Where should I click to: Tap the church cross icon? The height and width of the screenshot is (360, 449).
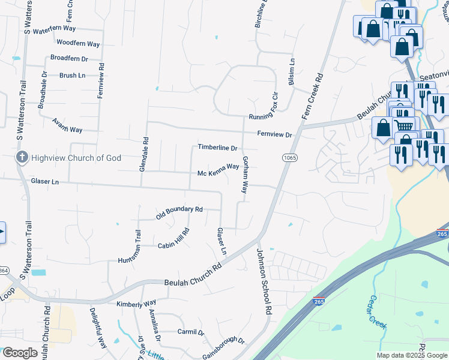tap(22, 158)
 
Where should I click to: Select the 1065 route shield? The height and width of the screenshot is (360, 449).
tap(289, 157)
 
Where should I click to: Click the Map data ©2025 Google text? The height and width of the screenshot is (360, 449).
tap(411, 355)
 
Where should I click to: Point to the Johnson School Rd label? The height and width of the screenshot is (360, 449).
tap(265, 281)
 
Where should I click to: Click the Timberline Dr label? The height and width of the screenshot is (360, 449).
tap(218, 148)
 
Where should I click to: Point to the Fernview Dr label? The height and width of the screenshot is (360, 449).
tap(274, 135)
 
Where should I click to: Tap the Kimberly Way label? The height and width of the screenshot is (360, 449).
tap(136, 303)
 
